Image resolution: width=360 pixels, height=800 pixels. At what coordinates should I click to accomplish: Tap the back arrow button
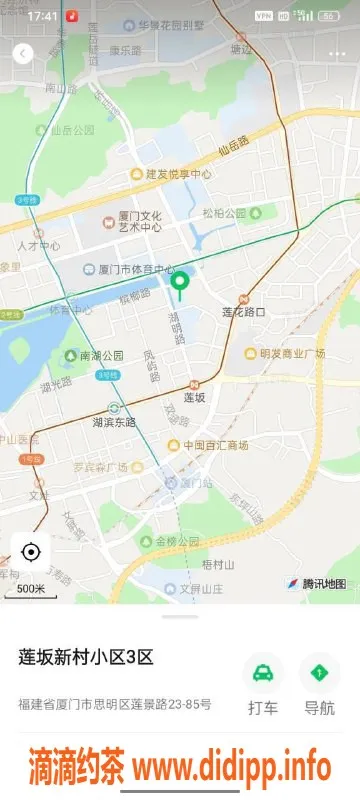(23, 53)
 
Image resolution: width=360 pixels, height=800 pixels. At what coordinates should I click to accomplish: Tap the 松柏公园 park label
(224, 213)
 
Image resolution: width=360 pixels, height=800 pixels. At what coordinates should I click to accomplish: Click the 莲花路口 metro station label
(243, 311)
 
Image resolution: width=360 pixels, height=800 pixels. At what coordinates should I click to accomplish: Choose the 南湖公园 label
(101, 355)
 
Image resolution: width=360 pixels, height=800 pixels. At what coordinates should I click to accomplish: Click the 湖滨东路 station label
(113, 421)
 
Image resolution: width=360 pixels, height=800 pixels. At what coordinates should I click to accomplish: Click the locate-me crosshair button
(30, 551)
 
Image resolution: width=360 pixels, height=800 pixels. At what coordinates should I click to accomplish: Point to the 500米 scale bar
(30, 589)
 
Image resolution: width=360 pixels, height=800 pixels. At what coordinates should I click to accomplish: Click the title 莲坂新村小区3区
(86, 657)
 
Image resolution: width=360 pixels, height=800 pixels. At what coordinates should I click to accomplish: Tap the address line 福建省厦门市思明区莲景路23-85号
(115, 705)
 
